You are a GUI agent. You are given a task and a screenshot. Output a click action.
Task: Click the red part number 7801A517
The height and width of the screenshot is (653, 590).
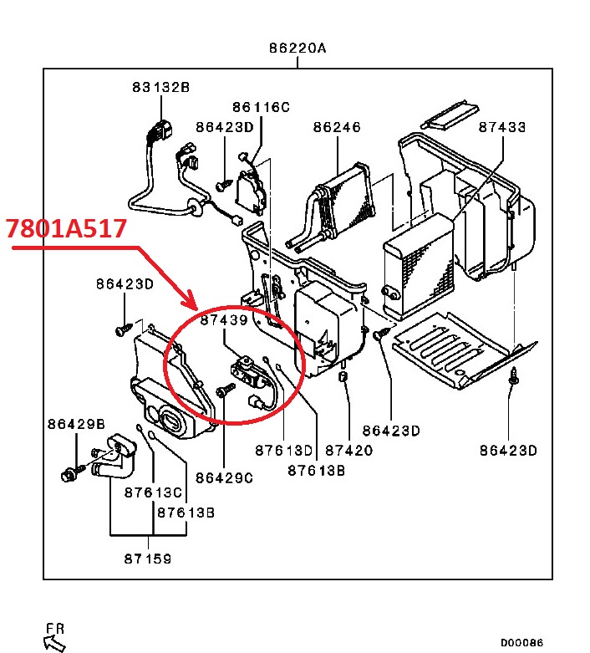pos(66,228)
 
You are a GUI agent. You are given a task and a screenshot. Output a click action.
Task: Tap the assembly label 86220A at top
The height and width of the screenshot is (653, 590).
pos(298,48)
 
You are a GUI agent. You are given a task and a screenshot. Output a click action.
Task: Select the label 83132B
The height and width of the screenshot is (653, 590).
pos(160,86)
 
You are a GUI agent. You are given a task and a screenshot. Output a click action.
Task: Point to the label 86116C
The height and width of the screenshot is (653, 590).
pos(261,107)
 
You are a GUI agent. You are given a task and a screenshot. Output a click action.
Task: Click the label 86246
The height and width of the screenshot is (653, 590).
pos(337,127)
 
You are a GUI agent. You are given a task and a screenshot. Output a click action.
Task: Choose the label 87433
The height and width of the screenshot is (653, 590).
pos(502,127)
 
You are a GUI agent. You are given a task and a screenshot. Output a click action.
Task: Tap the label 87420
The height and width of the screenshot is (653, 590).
pos(348,450)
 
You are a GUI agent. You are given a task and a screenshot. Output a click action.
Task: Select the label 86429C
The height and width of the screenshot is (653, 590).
pos(224,477)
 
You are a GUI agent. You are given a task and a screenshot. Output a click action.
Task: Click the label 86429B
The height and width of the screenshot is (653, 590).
pos(76,424)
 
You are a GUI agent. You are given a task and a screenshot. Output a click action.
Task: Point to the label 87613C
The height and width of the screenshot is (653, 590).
pos(153,492)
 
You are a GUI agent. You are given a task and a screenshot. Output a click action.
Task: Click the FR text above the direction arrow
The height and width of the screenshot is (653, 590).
pos(55,628)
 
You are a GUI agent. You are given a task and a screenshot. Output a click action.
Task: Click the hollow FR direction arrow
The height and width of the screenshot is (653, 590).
pos(53,642)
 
